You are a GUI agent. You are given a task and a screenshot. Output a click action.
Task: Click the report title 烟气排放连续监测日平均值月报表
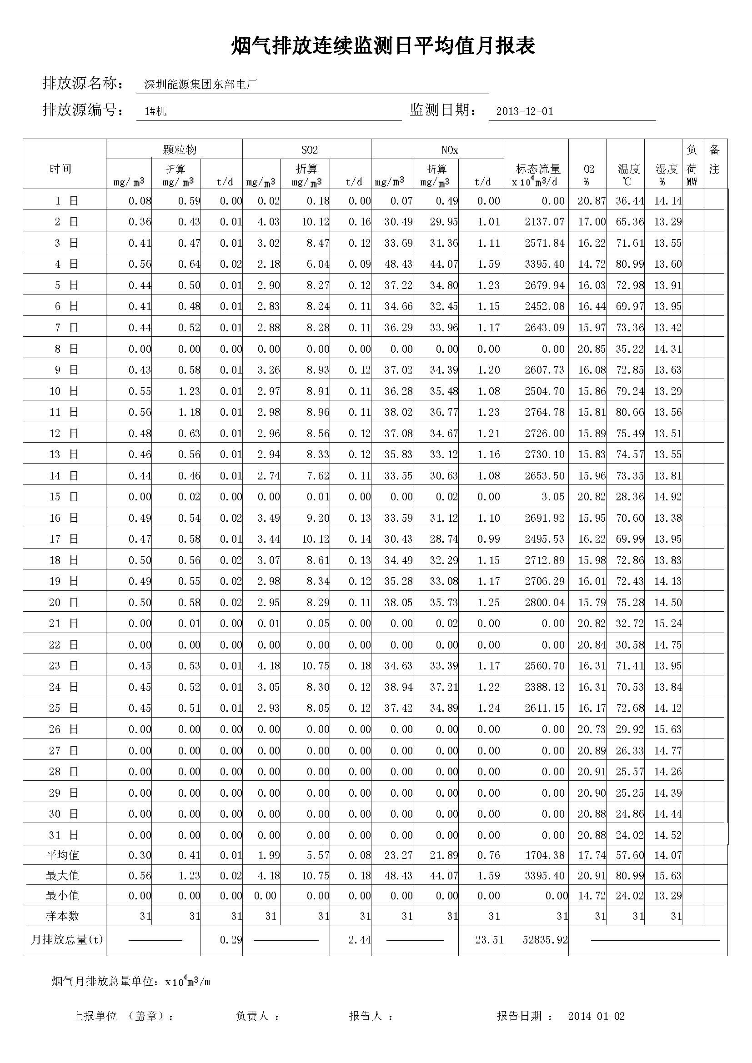[383, 46]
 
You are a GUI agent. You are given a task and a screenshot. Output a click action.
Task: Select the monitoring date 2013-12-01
[524, 112]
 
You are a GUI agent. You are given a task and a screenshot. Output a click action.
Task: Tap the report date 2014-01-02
[596, 1016]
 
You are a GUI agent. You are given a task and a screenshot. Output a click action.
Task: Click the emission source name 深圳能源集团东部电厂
[200, 85]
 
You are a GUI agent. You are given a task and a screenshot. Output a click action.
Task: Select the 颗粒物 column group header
[180, 150]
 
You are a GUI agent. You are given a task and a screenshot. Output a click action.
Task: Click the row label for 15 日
[64, 497]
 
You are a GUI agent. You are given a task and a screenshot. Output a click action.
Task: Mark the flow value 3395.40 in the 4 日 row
[545, 265]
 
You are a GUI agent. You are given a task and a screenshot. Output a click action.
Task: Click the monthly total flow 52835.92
[545, 939]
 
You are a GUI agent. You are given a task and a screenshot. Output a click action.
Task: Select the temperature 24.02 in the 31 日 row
[629, 835]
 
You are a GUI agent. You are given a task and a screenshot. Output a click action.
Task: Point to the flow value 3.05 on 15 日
[554, 497]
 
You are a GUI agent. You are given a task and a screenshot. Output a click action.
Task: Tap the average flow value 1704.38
[545, 856]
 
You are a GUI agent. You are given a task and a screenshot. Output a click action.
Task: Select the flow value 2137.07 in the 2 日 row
[545, 222]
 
